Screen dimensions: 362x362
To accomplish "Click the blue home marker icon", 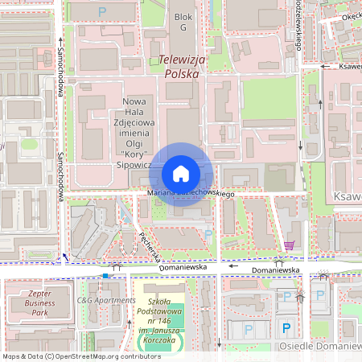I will (181, 174).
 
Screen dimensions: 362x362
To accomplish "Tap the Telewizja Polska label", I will (181, 65).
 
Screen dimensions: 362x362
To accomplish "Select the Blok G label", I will (183, 22).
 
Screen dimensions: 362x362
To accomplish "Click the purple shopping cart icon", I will (289, 245).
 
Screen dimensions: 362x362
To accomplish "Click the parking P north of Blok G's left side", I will (101, 11).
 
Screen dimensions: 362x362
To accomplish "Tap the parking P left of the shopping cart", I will (209, 234).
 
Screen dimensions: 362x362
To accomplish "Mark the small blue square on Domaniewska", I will (105, 276).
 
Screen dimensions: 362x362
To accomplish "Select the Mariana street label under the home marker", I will (161, 194).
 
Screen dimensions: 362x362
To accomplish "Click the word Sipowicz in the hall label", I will (134, 163).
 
